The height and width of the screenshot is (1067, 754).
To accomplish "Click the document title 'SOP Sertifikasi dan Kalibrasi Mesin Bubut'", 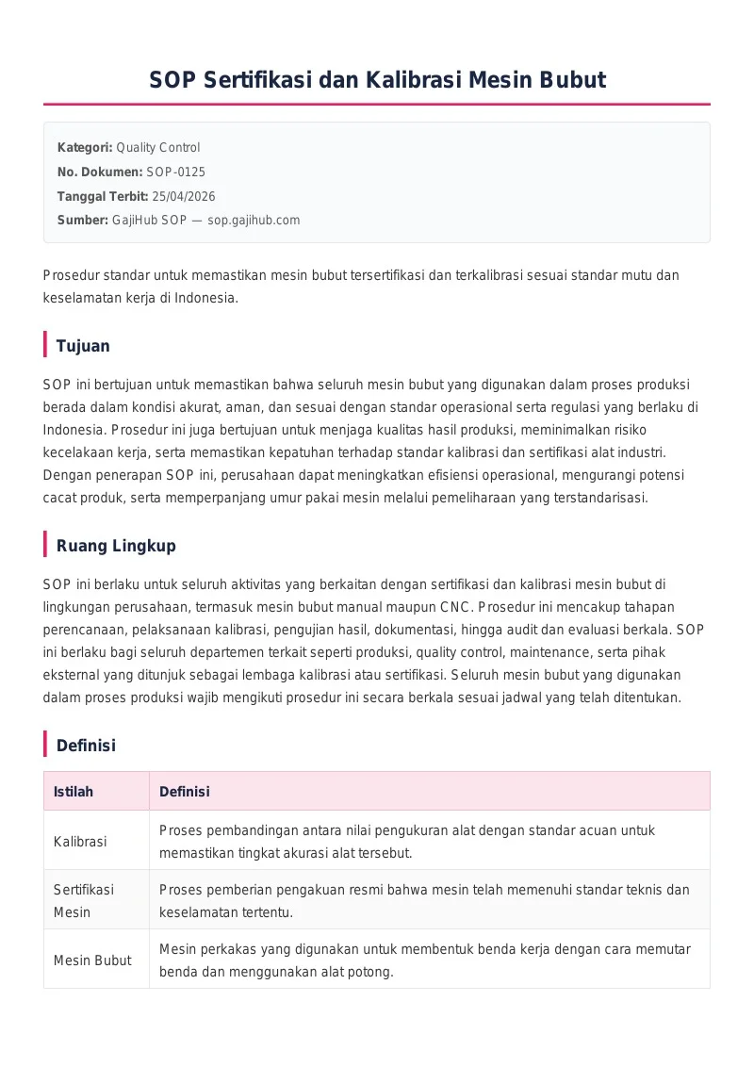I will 377,80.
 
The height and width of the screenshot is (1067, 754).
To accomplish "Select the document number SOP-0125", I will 175,172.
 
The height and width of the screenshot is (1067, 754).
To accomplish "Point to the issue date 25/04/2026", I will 183,196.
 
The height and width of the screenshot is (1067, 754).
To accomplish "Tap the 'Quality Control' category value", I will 157,147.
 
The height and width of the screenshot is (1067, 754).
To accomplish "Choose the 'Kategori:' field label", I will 85,147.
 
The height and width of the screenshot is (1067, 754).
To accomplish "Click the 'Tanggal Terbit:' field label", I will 103,196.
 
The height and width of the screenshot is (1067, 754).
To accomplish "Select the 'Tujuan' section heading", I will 83,346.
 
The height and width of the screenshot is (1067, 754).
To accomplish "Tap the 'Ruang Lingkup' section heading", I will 116,546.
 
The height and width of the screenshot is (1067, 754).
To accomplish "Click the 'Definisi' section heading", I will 86,746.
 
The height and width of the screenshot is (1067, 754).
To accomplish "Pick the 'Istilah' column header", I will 74,792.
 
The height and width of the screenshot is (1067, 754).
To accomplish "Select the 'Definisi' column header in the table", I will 185,792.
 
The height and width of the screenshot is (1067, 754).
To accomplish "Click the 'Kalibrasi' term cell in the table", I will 80,841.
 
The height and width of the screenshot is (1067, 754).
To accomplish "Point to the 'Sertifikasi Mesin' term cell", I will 84,900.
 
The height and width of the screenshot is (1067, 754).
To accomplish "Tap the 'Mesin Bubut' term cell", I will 92,960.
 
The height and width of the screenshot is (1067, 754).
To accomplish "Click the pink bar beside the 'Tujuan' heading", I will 45,345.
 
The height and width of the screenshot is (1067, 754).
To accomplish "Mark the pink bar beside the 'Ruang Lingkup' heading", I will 45,545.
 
